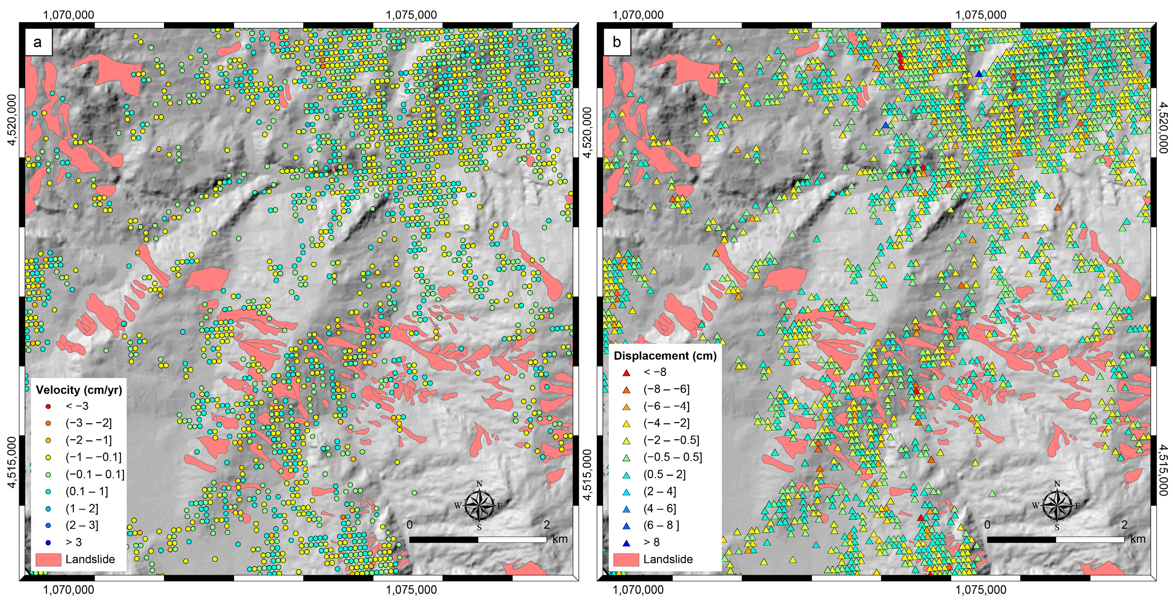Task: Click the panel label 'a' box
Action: click(x=38, y=42)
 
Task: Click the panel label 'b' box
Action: click(x=616, y=42)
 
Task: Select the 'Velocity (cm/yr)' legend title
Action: click(x=79, y=390)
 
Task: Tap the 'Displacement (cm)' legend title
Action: click(x=665, y=356)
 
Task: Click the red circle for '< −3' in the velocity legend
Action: click(x=48, y=406)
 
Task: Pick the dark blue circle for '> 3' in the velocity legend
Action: click(x=48, y=542)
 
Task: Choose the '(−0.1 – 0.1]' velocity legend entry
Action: click(x=95, y=475)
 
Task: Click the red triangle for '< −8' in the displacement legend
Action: click(x=627, y=373)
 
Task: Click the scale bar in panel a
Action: click(x=478, y=540)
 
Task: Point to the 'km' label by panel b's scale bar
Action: click(x=1138, y=539)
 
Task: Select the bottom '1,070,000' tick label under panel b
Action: click(x=638, y=590)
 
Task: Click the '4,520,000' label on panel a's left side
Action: click(x=11, y=120)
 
